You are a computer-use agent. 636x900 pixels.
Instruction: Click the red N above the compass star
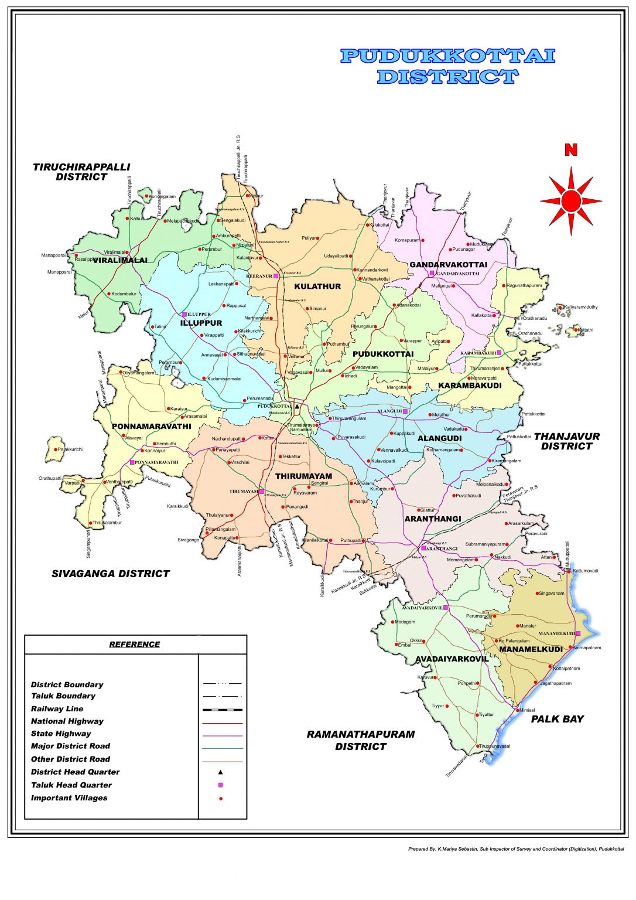point(570,150)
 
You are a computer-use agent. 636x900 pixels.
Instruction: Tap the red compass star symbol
point(571,201)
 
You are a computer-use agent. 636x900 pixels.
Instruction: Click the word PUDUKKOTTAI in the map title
point(448,56)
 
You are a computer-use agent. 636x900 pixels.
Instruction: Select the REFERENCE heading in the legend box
point(134,645)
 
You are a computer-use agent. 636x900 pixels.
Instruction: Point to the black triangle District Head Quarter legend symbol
point(221,772)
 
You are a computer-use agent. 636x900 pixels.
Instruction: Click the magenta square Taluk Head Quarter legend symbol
point(221,785)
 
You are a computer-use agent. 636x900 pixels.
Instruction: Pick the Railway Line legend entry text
point(57,709)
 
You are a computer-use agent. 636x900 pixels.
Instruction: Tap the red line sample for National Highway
point(222,723)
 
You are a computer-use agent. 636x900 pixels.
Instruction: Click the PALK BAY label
point(557,719)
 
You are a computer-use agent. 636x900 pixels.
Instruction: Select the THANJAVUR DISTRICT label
point(566,441)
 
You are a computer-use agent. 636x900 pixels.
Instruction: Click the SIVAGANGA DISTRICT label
point(111,574)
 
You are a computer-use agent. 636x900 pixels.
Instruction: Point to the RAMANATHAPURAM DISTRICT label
point(361,740)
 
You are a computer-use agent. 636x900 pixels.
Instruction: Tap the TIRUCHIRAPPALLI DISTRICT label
point(81,172)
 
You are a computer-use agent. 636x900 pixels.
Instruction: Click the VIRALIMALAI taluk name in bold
point(120,260)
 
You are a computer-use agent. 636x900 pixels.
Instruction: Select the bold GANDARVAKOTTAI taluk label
point(448,265)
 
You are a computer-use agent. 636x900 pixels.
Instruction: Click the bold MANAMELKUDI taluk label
point(531,649)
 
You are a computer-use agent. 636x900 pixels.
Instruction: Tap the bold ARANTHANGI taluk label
point(433,519)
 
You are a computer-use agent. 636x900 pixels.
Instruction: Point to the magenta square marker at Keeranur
point(276,276)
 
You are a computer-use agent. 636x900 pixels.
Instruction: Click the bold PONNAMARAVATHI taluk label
point(151,427)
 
